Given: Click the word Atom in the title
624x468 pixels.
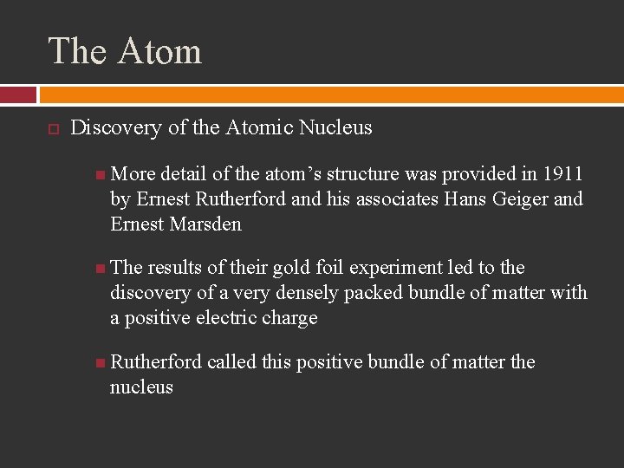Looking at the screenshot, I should [x=159, y=51].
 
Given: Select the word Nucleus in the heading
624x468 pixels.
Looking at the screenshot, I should [x=335, y=128].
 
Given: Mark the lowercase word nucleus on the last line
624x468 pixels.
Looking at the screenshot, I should [x=141, y=387].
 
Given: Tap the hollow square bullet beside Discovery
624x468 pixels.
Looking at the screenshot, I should [x=52, y=129].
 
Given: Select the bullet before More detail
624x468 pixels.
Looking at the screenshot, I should [x=101, y=175].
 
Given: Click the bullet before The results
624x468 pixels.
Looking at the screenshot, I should [x=101, y=269].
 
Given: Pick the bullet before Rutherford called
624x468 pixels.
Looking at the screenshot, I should [x=101, y=363].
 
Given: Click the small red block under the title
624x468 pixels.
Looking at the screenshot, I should [x=18, y=94].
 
